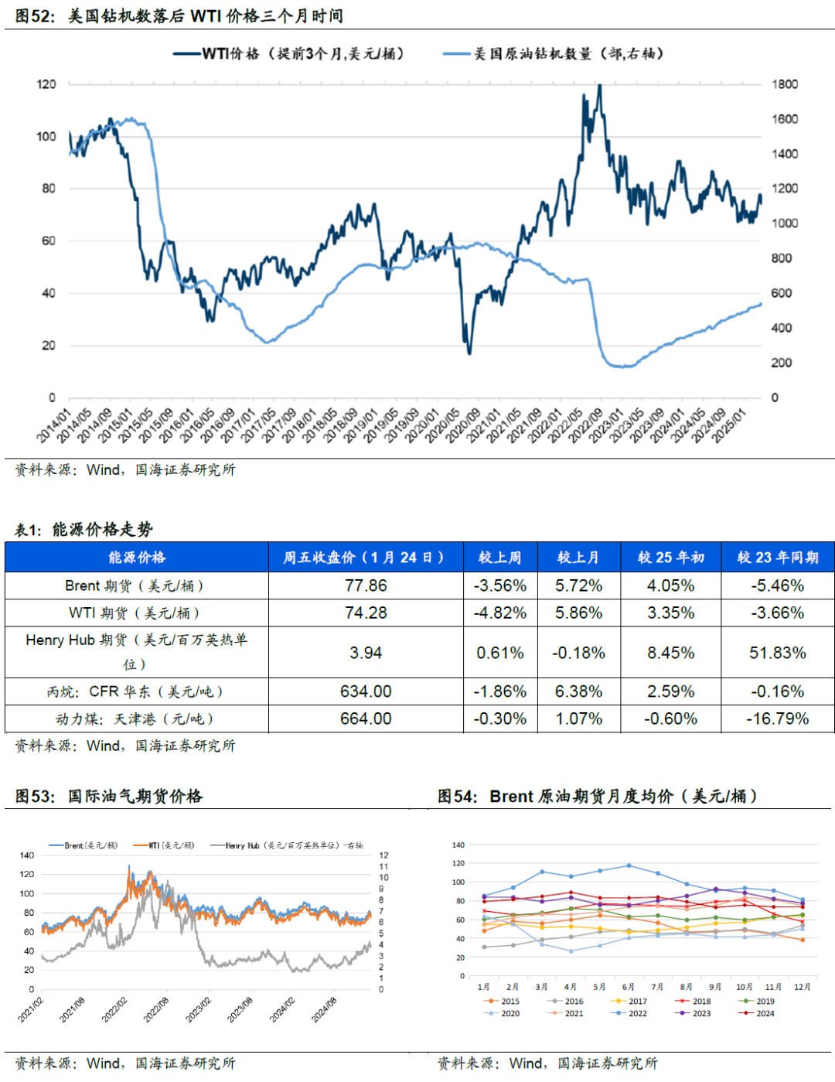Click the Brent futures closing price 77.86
point(366,585)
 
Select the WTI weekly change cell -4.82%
point(499,613)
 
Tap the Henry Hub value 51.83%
point(777,653)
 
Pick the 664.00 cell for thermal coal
point(366,718)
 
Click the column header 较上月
point(578,557)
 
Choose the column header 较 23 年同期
point(777,557)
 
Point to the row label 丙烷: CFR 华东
point(135,691)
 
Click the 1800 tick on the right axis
point(784,84)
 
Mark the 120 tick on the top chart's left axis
point(46,84)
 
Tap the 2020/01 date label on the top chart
point(422,426)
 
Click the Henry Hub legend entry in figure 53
point(293,845)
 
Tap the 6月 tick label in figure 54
point(629,987)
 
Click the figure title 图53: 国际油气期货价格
point(108,796)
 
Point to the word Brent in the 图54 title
point(511,796)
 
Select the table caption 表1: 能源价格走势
point(83,529)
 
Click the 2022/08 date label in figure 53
point(157,1010)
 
